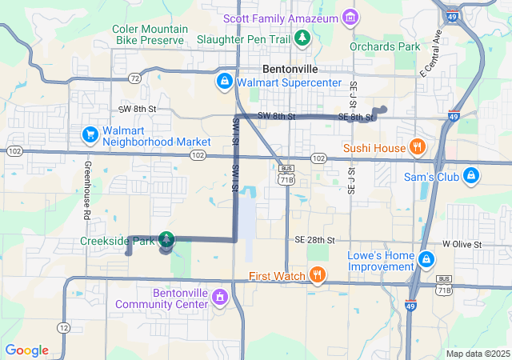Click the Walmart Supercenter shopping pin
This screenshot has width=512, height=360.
(226, 82)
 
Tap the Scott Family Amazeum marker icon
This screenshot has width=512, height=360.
(350, 17)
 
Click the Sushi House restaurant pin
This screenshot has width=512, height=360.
(416, 147)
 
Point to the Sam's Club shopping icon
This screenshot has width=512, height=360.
(471, 175)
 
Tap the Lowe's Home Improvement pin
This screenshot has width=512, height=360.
(427, 259)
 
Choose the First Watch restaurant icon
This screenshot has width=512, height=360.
(318, 276)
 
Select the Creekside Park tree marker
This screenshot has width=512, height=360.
(166, 238)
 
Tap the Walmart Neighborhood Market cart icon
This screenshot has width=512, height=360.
(90, 133)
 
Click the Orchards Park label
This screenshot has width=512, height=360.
(385, 46)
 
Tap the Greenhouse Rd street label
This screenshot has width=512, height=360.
(86, 192)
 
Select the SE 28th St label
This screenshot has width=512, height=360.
(314, 240)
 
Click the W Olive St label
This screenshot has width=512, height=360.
(462, 243)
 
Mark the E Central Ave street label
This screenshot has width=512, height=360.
(430, 53)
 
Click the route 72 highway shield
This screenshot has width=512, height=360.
(134, 78)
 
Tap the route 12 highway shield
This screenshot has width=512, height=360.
(63, 328)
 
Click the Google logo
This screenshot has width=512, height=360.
(26, 350)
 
